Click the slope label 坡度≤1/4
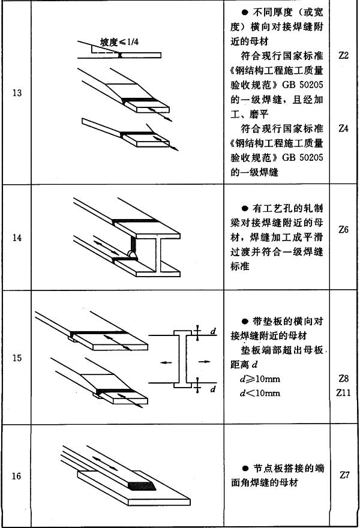tap(118, 42)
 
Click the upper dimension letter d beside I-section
tap(214, 332)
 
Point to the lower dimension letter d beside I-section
tap(214, 389)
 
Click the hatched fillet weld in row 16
tap(141, 485)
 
